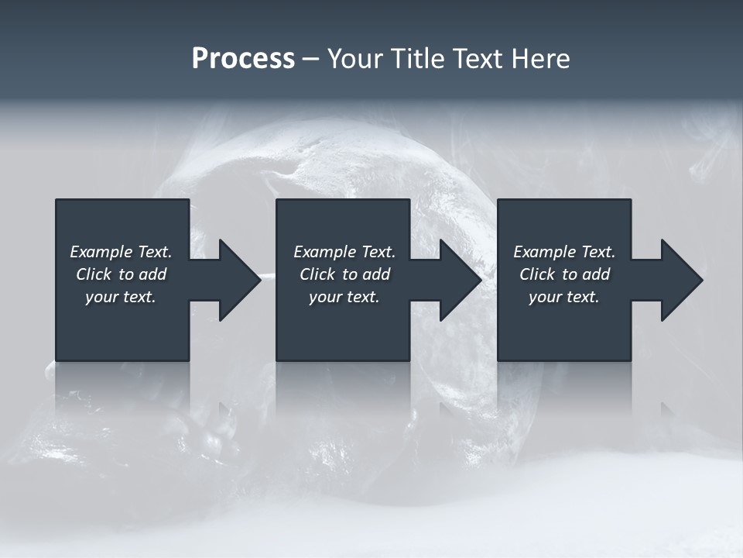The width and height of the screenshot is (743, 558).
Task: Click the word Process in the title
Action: tap(243, 59)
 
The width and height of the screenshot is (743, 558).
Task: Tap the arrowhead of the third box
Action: tap(680, 280)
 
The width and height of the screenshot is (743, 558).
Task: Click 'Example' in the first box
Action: tap(101, 252)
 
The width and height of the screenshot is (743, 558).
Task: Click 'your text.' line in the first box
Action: tap(121, 297)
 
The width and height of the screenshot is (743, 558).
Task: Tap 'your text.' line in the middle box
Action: tap(344, 297)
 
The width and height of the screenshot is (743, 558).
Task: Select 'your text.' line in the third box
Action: tap(563, 297)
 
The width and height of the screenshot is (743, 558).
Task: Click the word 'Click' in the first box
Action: tap(94, 274)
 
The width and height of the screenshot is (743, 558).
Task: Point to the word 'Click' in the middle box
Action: tap(317, 274)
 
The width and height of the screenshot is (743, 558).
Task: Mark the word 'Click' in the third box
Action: tap(537, 274)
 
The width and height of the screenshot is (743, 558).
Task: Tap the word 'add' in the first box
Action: tap(153, 274)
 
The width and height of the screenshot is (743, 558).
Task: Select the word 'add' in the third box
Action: tap(597, 274)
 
